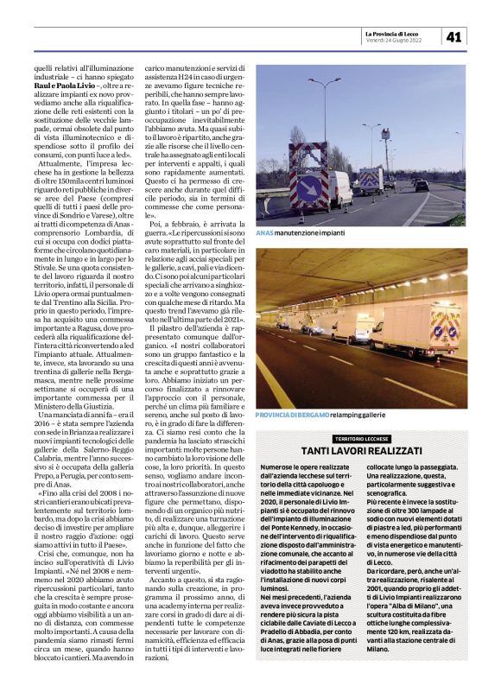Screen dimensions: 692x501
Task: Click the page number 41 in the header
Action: click(456, 36)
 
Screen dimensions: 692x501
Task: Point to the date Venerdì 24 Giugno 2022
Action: click(393, 40)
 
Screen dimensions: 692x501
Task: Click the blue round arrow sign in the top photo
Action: click(309, 187)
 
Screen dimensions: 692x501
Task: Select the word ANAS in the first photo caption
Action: click(263, 233)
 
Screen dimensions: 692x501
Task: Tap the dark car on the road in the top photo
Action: click(421, 185)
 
